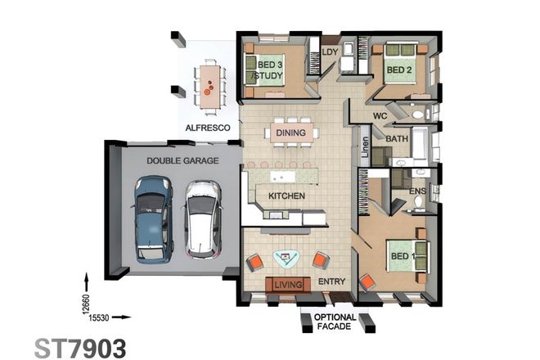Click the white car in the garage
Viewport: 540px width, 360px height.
[202, 218]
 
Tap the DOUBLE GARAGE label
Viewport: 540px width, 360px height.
[182, 161]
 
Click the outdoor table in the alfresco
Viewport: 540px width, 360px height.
[210, 83]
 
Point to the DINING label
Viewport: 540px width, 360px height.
[290, 133]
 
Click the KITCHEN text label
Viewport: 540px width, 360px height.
[286, 196]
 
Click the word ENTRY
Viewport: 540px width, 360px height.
[331, 283]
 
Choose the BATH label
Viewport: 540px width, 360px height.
[397, 139]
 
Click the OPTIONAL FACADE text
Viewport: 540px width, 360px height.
[335, 322]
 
